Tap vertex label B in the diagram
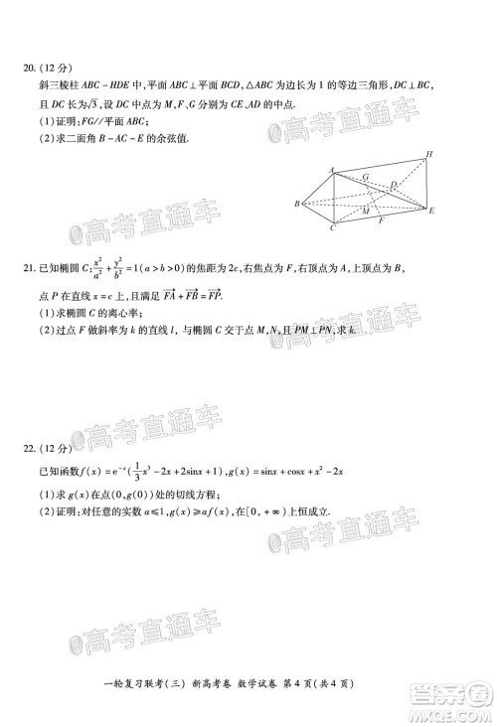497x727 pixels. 296,204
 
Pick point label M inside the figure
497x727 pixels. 365,212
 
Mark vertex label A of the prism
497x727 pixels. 331,169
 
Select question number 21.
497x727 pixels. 28,268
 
